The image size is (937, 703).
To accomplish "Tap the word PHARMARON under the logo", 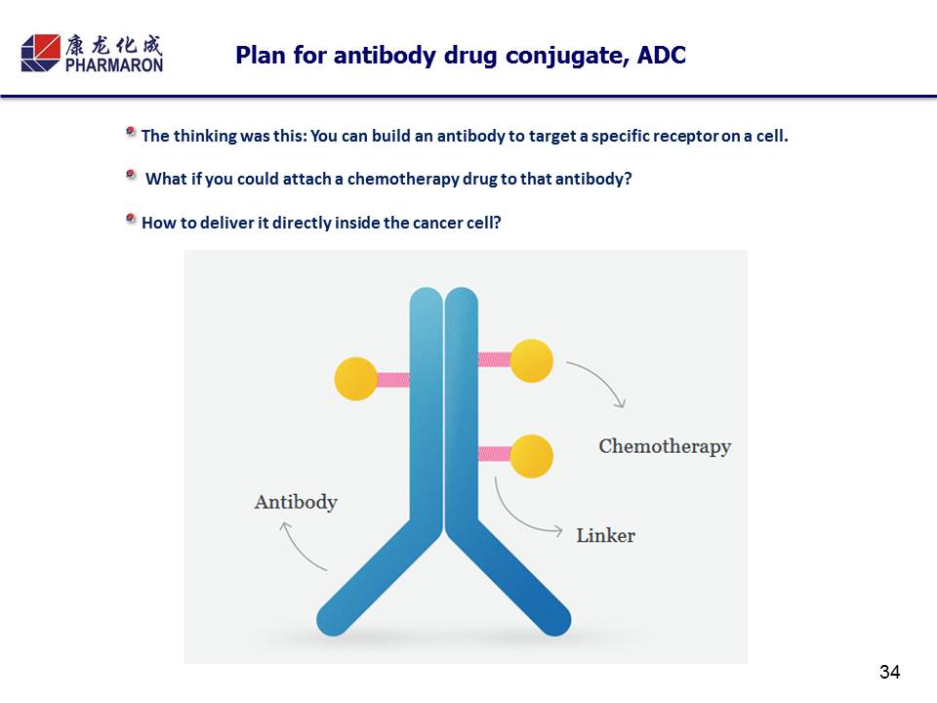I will (x=114, y=64).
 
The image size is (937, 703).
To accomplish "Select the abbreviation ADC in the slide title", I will (x=662, y=56).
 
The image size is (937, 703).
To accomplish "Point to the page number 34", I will (x=889, y=672).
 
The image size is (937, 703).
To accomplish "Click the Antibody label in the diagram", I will (x=296, y=502).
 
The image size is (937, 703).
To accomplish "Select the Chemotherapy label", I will (x=665, y=446).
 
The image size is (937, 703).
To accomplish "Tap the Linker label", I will (x=605, y=535).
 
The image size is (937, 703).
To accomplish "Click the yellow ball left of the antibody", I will (x=355, y=379).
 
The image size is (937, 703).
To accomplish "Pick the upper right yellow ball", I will (x=531, y=360).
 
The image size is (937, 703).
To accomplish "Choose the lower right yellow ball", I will (x=531, y=455).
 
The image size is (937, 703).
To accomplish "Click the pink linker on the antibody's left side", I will (x=392, y=379).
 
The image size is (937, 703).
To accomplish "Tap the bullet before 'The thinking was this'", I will (x=131, y=133).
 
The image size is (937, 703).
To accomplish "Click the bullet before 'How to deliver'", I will (x=131, y=220).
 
